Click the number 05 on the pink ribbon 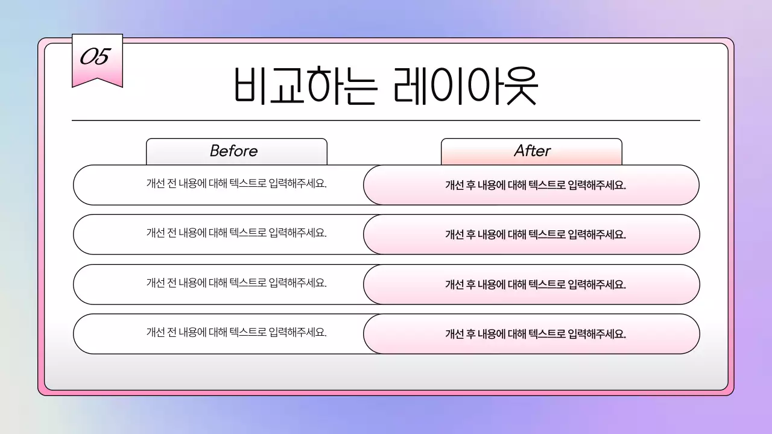coord(95,58)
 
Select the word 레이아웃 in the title coord(465,87)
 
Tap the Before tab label coord(234,151)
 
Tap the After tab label coord(532,151)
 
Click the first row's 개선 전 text coord(236,183)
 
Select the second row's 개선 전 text coord(236,233)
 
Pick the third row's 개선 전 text coord(236,283)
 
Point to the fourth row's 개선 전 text coord(236,332)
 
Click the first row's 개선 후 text coord(536,186)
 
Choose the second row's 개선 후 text coord(536,235)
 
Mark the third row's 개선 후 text coord(536,285)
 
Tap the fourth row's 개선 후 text coord(536,334)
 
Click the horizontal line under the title coord(386,121)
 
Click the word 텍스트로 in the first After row coord(547,186)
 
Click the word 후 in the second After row coord(470,235)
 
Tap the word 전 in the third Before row coord(171,283)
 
